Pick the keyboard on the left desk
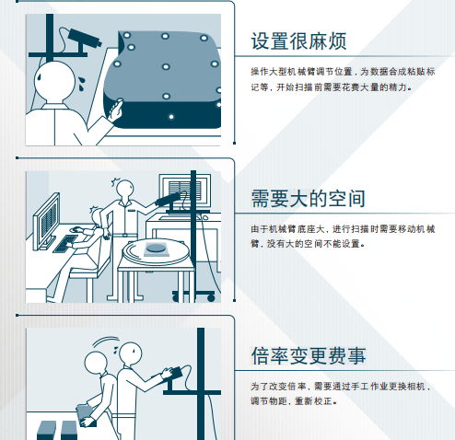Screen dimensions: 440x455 (65, 245)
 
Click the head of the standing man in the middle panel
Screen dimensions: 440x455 (118, 189)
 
